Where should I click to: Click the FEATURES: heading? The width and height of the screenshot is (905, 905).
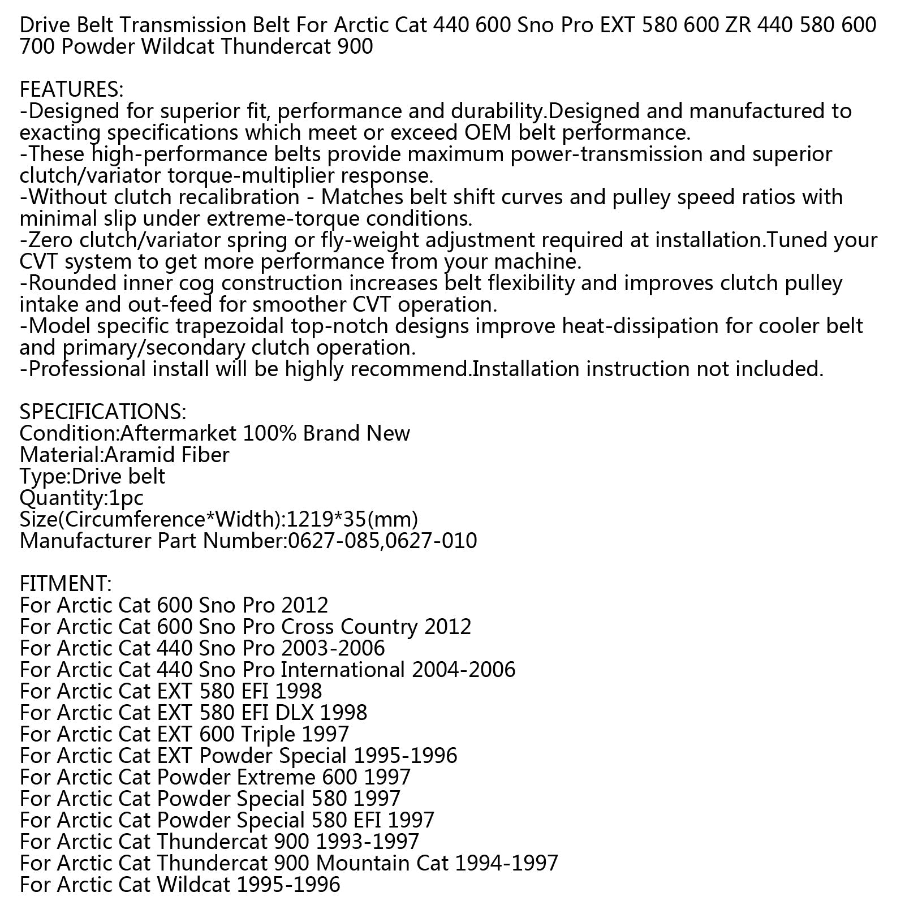pyautogui.click(x=71, y=89)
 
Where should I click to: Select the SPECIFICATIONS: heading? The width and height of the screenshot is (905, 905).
pyautogui.click(x=102, y=412)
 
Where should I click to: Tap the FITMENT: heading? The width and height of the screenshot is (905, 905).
pyautogui.click(x=66, y=584)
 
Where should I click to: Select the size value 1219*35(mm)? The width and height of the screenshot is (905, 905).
pyautogui.click(x=352, y=519)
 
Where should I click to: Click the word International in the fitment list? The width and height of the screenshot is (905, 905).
pyautogui.click(x=343, y=670)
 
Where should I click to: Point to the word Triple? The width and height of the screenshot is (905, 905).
pyautogui.click(x=268, y=734)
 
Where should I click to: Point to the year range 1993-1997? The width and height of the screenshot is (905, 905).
pyautogui.click(x=368, y=842)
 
